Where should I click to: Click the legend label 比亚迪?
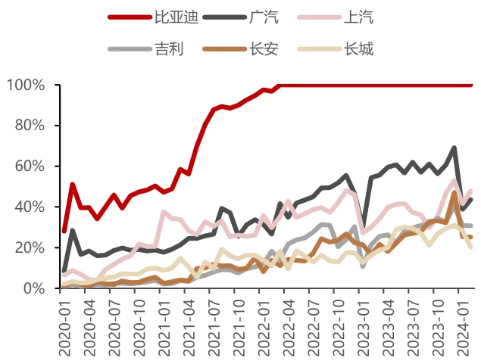176,17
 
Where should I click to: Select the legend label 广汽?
264,17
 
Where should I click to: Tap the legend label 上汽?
358,17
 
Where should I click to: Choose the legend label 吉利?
169,49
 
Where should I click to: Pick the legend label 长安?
264,49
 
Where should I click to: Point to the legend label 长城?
358,49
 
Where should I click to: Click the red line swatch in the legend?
130,17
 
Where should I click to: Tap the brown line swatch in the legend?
224,49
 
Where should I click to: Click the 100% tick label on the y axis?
26,85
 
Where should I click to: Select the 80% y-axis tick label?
30,126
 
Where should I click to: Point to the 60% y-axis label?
30,166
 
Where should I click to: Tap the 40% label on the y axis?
30,207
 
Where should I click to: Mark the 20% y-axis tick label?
30,247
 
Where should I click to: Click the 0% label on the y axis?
34,288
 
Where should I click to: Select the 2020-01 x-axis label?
64,328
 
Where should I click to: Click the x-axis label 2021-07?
214,328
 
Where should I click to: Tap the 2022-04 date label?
289,328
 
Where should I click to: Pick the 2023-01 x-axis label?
363,328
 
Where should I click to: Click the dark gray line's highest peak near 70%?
454,148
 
